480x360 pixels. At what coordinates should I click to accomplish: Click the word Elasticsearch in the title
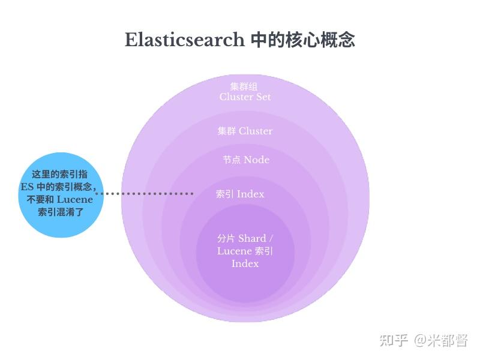pyautogui.click(x=185, y=40)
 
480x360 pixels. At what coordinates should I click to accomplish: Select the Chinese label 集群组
pyautogui.click(x=244, y=86)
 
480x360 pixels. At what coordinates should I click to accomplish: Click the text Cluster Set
pyautogui.click(x=245, y=97)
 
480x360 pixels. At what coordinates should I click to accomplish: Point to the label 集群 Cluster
pyautogui.click(x=245, y=131)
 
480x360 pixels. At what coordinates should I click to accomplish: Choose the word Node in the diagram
pyautogui.click(x=257, y=160)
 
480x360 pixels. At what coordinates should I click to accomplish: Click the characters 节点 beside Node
pyautogui.click(x=232, y=160)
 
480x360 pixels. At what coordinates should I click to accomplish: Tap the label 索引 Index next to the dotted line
pyautogui.click(x=240, y=194)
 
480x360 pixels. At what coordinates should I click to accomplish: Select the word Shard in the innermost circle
pyautogui.click(x=252, y=238)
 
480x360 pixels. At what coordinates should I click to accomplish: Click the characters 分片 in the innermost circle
pyautogui.click(x=226, y=238)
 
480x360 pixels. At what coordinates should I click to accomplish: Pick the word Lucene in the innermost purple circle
pyautogui.click(x=235, y=251)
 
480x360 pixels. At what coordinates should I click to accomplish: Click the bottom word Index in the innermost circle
pyautogui.click(x=245, y=263)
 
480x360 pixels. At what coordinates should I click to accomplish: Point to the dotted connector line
pyautogui.click(x=145, y=193)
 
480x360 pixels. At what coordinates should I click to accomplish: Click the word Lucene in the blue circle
pyautogui.click(x=74, y=200)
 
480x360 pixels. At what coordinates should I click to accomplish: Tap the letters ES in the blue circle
pyautogui.click(x=27, y=187)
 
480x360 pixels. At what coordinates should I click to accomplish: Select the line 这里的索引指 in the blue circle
pyautogui.click(x=59, y=174)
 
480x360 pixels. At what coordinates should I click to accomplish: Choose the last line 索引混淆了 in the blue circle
pyautogui.click(x=61, y=212)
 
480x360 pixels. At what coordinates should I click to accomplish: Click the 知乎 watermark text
pyautogui.click(x=394, y=340)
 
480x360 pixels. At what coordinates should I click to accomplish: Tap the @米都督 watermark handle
pyautogui.click(x=441, y=340)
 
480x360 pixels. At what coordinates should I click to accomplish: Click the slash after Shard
pyautogui.click(x=271, y=238)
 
